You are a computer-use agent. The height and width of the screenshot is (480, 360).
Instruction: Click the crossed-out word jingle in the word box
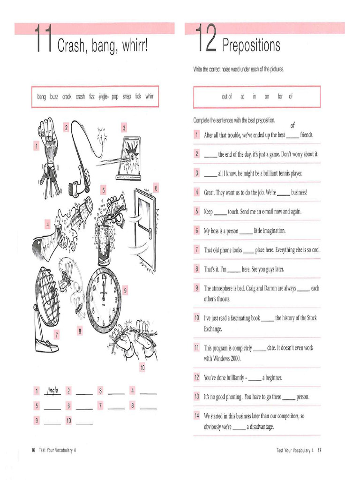(x=103, y=97)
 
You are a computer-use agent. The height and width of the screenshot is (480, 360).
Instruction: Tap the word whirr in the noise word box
(x=150, y=97)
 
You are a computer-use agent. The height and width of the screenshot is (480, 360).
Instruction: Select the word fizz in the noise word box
(x=92, y=97)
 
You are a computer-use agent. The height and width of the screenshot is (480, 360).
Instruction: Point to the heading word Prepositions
(x=251, y=45)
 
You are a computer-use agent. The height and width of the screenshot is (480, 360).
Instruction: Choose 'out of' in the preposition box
(x=227, y=97)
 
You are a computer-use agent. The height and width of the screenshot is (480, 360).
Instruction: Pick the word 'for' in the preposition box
(x=280, y=97)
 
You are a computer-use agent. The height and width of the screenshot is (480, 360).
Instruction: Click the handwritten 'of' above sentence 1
(x=293, y=125)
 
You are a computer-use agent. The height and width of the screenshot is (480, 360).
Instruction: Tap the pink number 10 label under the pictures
(x=142, y=368)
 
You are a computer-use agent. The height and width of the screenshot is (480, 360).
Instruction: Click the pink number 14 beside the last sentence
(x=197, y=416)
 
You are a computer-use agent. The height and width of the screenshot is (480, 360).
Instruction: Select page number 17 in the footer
(x=319, y=450)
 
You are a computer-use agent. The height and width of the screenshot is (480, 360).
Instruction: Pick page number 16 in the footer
(x=33, y=450)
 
